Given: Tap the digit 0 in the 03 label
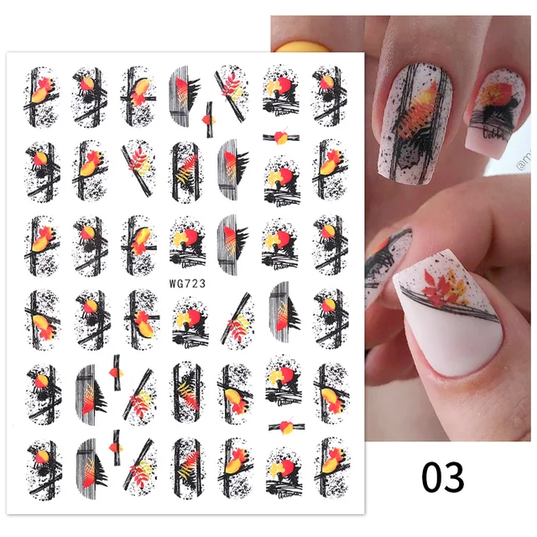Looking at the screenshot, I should (x=432, y=477).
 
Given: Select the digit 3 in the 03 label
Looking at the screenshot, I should (x=454, y=477).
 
